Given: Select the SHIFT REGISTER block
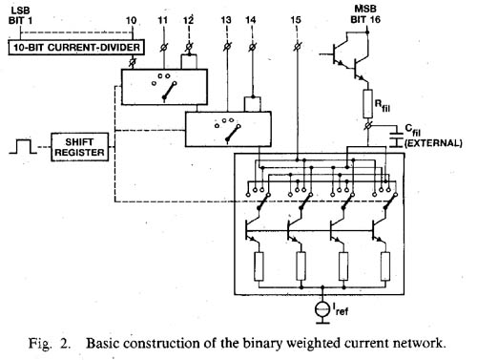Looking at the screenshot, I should (x=81, y=148).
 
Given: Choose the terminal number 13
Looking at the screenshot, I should (x=225, y=19).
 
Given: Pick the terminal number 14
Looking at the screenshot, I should (x=251, y=19).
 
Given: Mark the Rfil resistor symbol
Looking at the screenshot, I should (x=366, y=101).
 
